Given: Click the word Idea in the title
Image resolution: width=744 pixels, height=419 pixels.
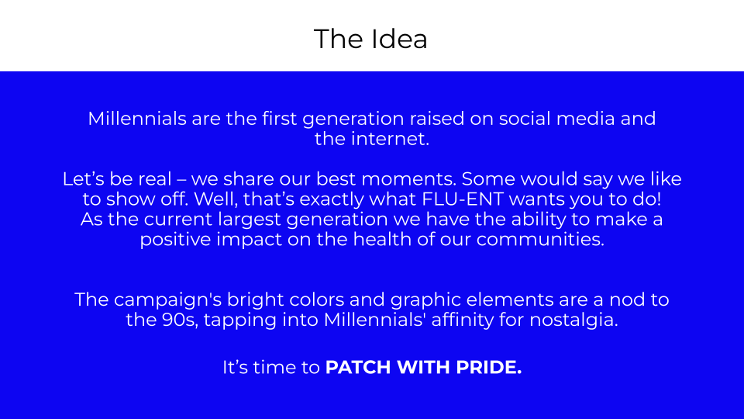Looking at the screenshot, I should pos(399,39).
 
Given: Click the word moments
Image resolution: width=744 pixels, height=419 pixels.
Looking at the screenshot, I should pos(412,179).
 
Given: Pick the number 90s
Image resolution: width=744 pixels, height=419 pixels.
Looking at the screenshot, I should pos(178,320).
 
